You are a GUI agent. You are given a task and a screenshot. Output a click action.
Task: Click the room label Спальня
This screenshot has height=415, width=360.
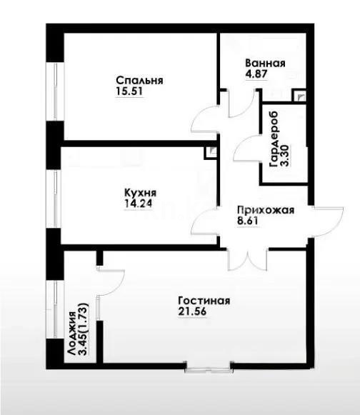(x=139, y=81)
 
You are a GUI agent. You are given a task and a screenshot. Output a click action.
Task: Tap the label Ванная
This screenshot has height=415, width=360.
(x=266, y=63)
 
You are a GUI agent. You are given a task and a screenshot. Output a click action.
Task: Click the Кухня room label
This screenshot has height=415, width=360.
(x=139, y=192)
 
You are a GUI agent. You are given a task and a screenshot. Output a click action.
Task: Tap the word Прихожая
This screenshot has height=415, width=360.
(x=265, y=210)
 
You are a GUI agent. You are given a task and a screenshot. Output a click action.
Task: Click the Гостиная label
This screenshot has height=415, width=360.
(x=204, y=301)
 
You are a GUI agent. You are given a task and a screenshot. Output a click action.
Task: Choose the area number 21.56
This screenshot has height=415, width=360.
(x=194, y=312)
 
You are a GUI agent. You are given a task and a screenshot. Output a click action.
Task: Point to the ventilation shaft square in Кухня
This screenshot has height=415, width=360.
(x=210, y=152)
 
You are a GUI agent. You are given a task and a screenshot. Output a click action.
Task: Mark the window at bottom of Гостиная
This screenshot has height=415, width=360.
(x=208, y=368)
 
